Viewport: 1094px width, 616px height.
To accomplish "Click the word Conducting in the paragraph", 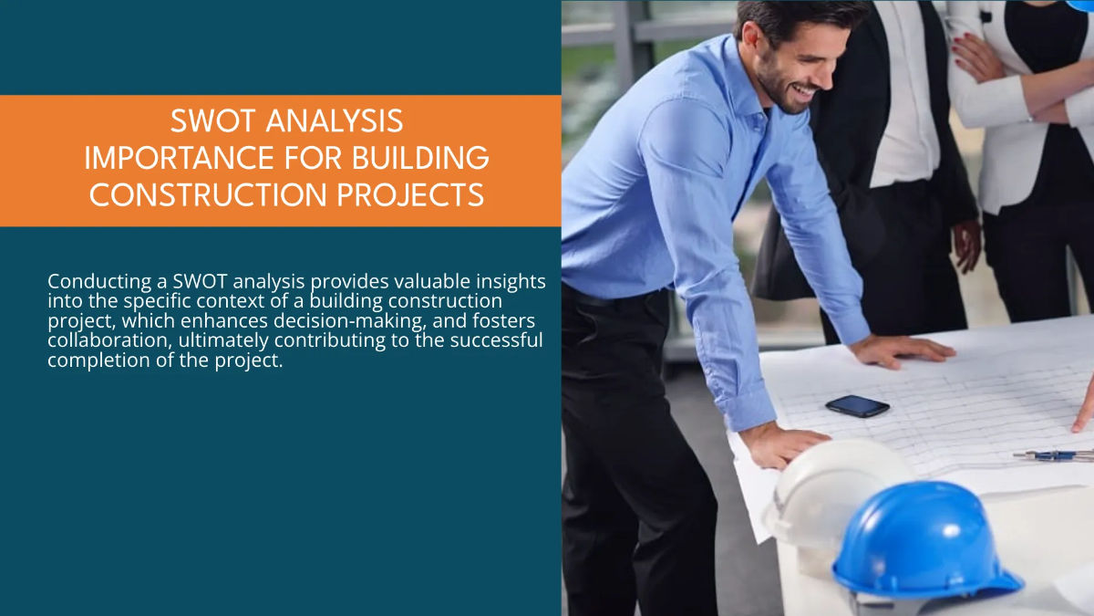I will tap(95, 281).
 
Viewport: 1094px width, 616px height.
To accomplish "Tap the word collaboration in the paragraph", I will tap(105, 340).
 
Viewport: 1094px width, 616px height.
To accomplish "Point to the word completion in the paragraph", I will tap(98, 360).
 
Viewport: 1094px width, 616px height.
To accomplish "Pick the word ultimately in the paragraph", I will tap(225, 340).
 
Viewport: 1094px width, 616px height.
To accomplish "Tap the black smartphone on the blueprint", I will tap(857, 406).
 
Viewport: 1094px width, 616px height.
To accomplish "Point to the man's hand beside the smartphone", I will tap(903, 350).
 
